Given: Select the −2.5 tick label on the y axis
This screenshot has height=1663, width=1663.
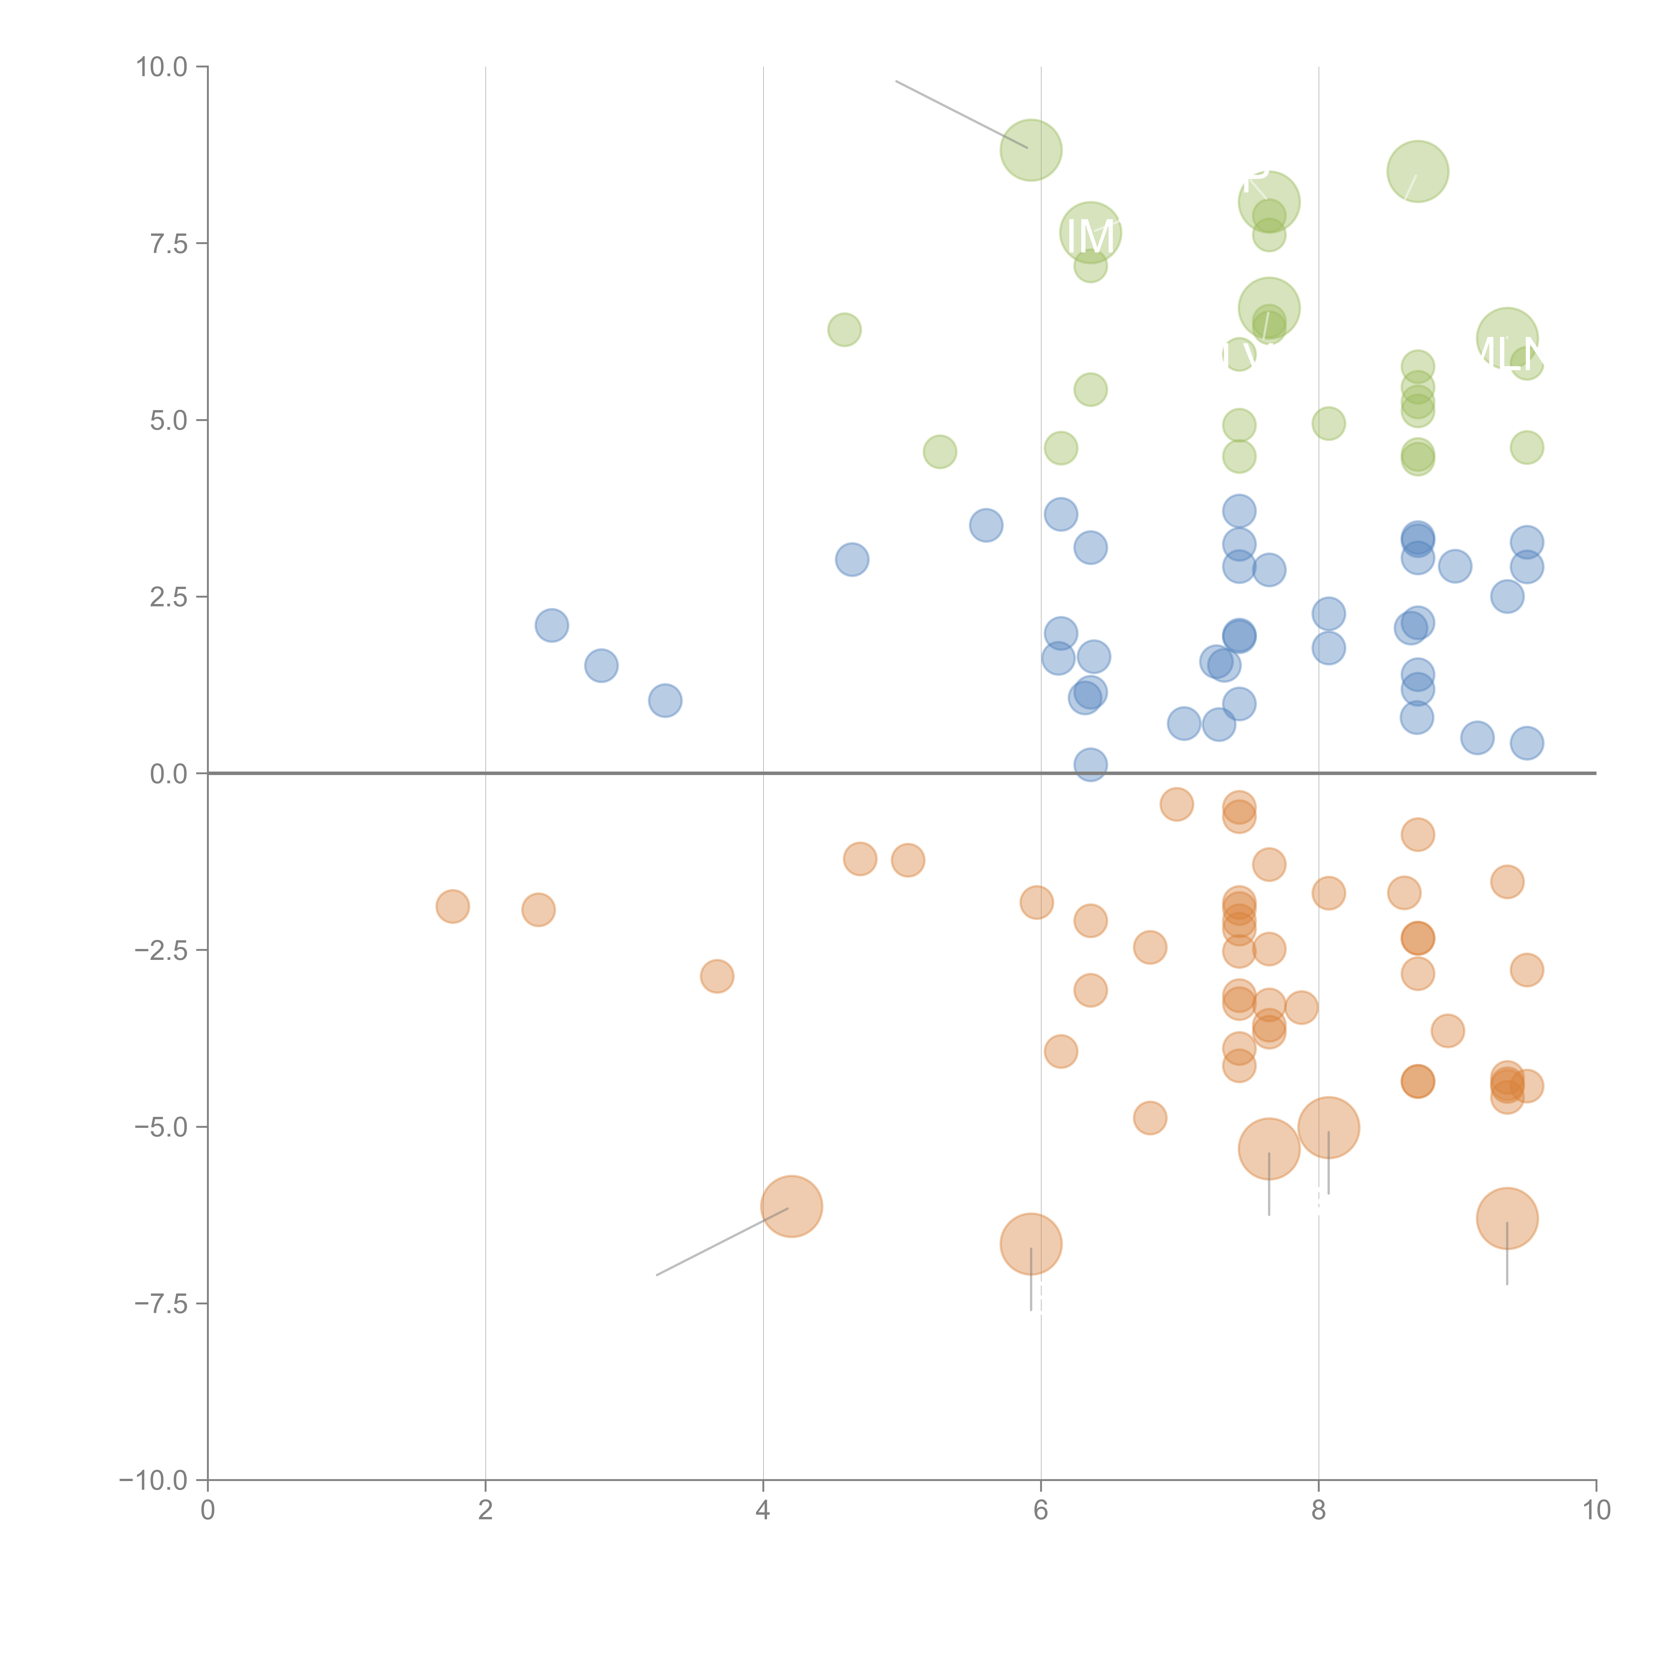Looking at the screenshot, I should pos(161,950).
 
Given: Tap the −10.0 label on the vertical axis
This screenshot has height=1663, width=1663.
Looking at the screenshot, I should pos(153,1480).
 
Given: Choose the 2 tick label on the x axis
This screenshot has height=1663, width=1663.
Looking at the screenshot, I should pos(486,1511).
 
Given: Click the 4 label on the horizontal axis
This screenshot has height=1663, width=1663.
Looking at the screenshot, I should pos(763,1511).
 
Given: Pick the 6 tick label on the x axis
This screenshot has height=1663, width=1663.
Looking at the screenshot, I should pos(1041,1511).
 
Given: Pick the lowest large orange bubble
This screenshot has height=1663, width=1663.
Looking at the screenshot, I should pos(1030,1244).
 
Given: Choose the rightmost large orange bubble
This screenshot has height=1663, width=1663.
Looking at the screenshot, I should pos(1506,1218).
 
